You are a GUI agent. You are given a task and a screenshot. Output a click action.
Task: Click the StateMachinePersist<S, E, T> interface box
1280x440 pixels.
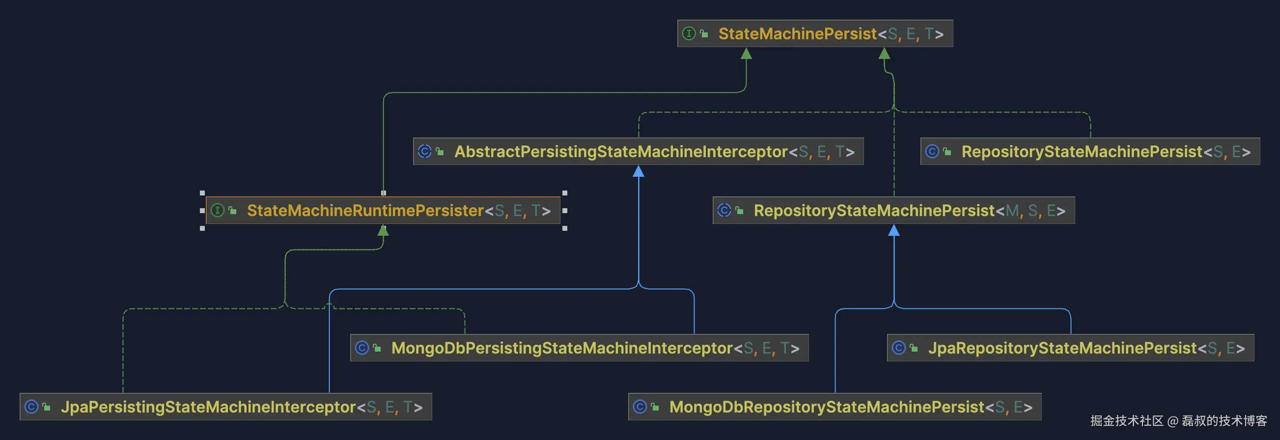(815, 34)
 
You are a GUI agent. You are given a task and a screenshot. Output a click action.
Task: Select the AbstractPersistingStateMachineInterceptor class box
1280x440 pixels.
(638, 151)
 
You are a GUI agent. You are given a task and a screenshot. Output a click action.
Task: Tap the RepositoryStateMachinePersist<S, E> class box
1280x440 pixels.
(1090, 151)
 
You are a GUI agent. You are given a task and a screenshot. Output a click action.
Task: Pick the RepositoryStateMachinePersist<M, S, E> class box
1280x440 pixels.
(893, 211)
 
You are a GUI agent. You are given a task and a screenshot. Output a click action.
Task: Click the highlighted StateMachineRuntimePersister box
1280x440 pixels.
(383, 211)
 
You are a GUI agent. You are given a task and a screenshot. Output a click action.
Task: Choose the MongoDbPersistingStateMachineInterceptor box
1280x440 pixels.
(579, 348)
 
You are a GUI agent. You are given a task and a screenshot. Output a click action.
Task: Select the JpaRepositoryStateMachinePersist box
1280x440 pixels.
(1070, 348)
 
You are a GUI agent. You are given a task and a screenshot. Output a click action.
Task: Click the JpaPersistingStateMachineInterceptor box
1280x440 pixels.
(225, 407)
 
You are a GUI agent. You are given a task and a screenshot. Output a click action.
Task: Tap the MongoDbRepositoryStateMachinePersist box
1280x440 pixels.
(835, 407)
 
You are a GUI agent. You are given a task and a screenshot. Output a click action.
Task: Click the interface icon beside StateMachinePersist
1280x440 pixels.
(689, 33)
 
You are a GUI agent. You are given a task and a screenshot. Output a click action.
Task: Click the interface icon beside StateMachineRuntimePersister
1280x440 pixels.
(217, 210)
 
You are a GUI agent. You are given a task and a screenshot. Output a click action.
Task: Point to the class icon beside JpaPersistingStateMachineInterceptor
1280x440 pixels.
(31, 407)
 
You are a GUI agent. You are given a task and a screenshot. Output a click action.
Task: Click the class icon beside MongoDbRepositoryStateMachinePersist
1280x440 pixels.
(640, 407)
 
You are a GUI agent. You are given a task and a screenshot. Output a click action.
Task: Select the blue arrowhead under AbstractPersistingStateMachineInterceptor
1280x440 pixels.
(639, 172)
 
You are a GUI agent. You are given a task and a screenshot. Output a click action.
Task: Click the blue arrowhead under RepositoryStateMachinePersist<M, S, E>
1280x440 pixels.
(894, 230)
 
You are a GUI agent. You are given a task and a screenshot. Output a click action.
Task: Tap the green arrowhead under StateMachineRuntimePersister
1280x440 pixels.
(383, 230)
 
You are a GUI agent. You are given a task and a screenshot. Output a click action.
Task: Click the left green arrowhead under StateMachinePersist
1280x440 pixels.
(746, 54)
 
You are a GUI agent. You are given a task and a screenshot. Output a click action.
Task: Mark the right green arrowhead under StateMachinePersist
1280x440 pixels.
(885, 54)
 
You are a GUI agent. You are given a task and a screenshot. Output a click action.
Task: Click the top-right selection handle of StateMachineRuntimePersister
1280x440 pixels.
(564, 192)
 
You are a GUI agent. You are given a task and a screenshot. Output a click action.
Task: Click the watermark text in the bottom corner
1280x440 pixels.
(1178, 421)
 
